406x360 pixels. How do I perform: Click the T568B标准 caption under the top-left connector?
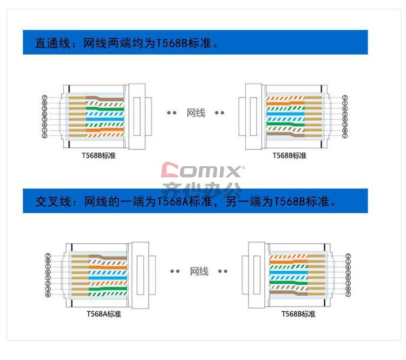[x=99, y=156]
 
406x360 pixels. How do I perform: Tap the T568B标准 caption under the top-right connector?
[x=290, y=156]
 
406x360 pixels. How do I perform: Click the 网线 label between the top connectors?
[x=196, y=113]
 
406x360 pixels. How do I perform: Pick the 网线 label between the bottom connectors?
[x=199, y=271]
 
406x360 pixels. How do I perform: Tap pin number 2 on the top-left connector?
[x=44, y=136]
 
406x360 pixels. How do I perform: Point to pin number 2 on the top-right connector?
[x=345, y=99]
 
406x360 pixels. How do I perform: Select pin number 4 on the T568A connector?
[x=48, y=294]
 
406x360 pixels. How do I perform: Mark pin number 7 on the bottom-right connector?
[x=348, y=294]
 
